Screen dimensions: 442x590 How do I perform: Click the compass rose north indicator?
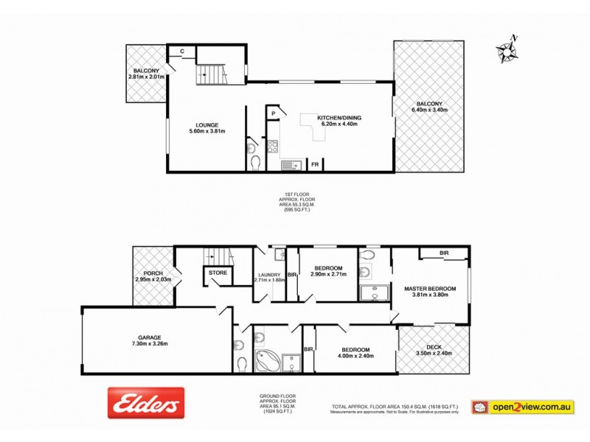(507, 49)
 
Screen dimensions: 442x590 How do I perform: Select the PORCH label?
(153, 273)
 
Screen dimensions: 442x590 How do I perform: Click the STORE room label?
(218, 273)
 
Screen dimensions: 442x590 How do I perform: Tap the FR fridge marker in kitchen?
(315, 164)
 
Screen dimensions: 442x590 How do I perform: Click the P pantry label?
(273, 113)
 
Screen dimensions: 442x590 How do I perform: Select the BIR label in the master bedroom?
(444, 253)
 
